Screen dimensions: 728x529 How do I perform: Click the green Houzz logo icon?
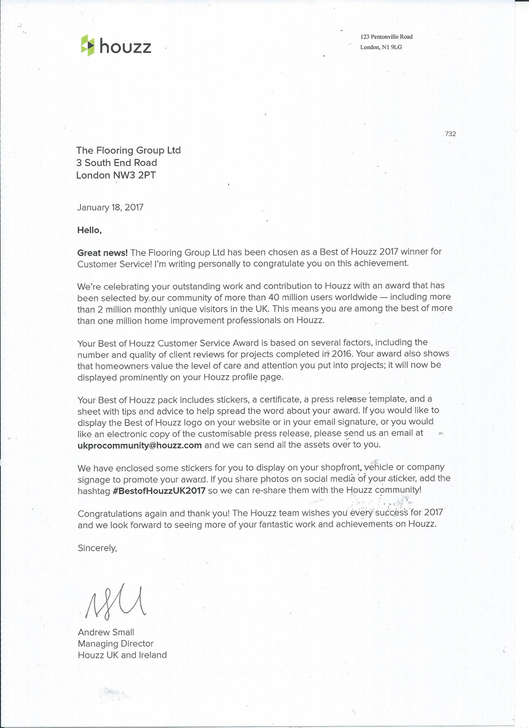[87, 46]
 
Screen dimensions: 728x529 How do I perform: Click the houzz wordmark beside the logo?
[125, 47]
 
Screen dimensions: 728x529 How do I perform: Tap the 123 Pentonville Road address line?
[386, 37]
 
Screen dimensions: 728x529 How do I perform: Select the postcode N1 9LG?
[391, 47]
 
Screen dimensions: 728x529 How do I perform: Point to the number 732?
[450, 134]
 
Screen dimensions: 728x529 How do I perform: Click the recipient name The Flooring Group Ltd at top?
[128, 150]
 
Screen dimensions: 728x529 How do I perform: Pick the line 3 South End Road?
[116, 163]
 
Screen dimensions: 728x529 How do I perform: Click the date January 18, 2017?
[110, 207]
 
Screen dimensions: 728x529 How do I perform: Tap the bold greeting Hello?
[90, 229]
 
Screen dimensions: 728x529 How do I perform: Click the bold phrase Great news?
[102, 252]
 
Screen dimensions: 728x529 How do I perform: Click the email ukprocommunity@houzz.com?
[139, 445]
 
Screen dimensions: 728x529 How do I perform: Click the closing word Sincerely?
[97, 548]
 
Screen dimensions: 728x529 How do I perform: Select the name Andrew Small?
[106, 632]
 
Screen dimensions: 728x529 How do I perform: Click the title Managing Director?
[115, 644]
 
